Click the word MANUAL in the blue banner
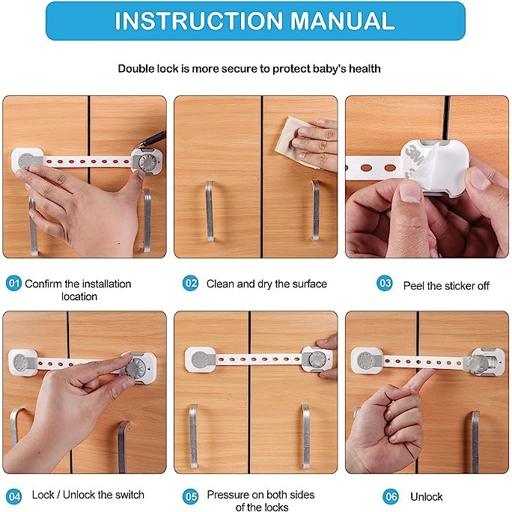(x=342, y=21)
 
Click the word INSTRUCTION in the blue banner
(x=198, y=21)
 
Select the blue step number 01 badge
(x=13, y=283)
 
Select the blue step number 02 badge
(x=190, y=283)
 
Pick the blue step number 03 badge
(x=385, y=283)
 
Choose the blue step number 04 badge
(x=13, y=496)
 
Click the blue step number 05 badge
(x=190, y=496)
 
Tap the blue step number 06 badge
(x=391, y=496)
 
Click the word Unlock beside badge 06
(x=426, y=496)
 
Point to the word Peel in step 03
(x=414, y=286)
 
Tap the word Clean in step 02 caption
(x=220, y=284)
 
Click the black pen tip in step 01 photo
(x=143, y=143)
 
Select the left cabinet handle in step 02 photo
(x=210, y=211)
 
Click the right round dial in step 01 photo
(x=147, y=161)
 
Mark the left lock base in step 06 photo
(x=367, y=361)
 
